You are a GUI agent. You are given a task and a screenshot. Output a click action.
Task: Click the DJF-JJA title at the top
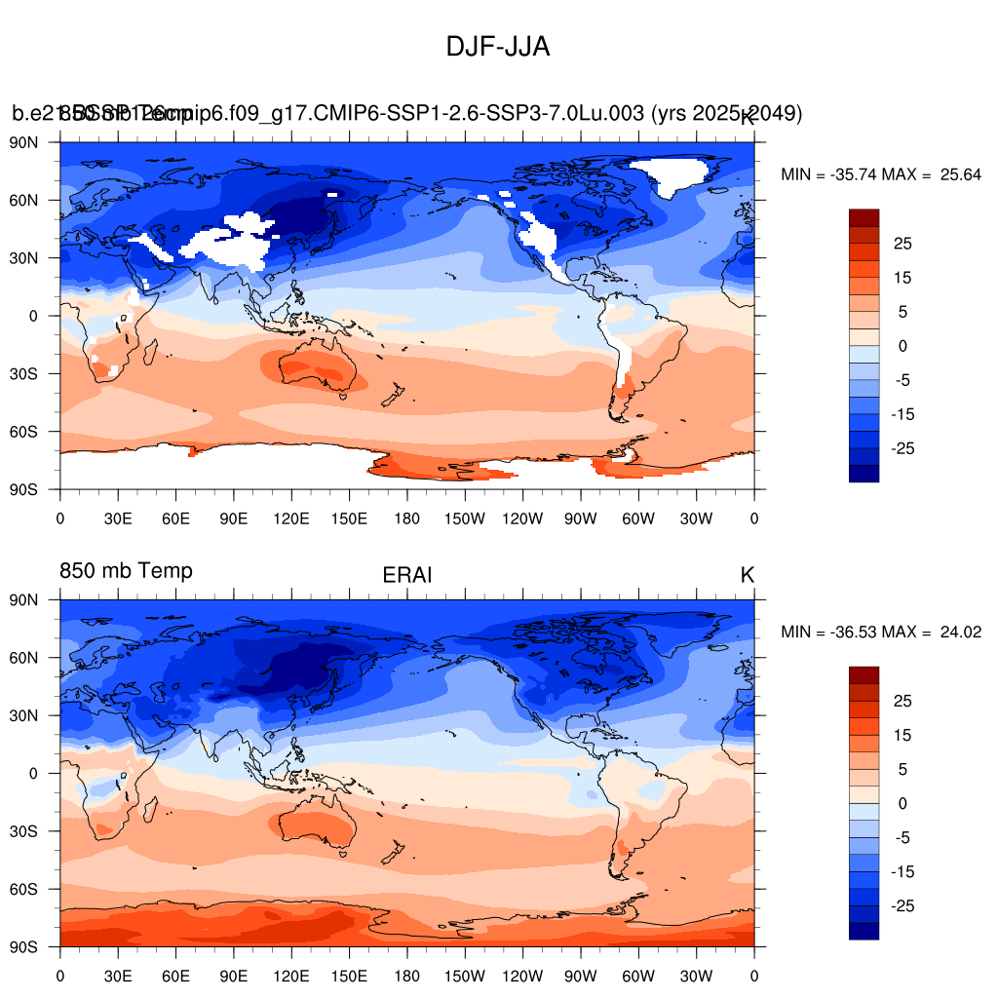click(498, 46)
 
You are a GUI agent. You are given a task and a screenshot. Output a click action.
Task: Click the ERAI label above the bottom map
click(406, 576)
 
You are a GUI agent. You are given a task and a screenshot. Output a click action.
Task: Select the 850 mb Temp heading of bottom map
click(126, 570)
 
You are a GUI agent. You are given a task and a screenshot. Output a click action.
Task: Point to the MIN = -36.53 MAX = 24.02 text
click(880, 633)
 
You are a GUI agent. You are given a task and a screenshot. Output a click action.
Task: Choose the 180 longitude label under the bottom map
click(406, 977)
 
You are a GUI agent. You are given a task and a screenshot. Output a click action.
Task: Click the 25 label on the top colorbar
click(903, 243)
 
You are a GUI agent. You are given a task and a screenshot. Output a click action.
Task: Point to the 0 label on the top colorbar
click(903, 346)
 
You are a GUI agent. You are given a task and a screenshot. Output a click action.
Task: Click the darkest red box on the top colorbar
click(864, 217)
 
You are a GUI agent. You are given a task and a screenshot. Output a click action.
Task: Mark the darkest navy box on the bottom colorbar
click(864, 931)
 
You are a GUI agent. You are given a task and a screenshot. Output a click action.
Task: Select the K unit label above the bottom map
click(748, 575)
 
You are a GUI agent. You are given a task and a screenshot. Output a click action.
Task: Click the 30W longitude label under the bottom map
click(696, 977)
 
